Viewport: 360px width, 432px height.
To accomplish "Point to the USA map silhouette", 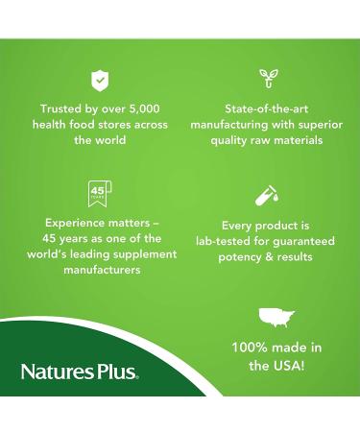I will (276, 317).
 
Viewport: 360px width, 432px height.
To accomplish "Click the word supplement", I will (144, 254).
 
